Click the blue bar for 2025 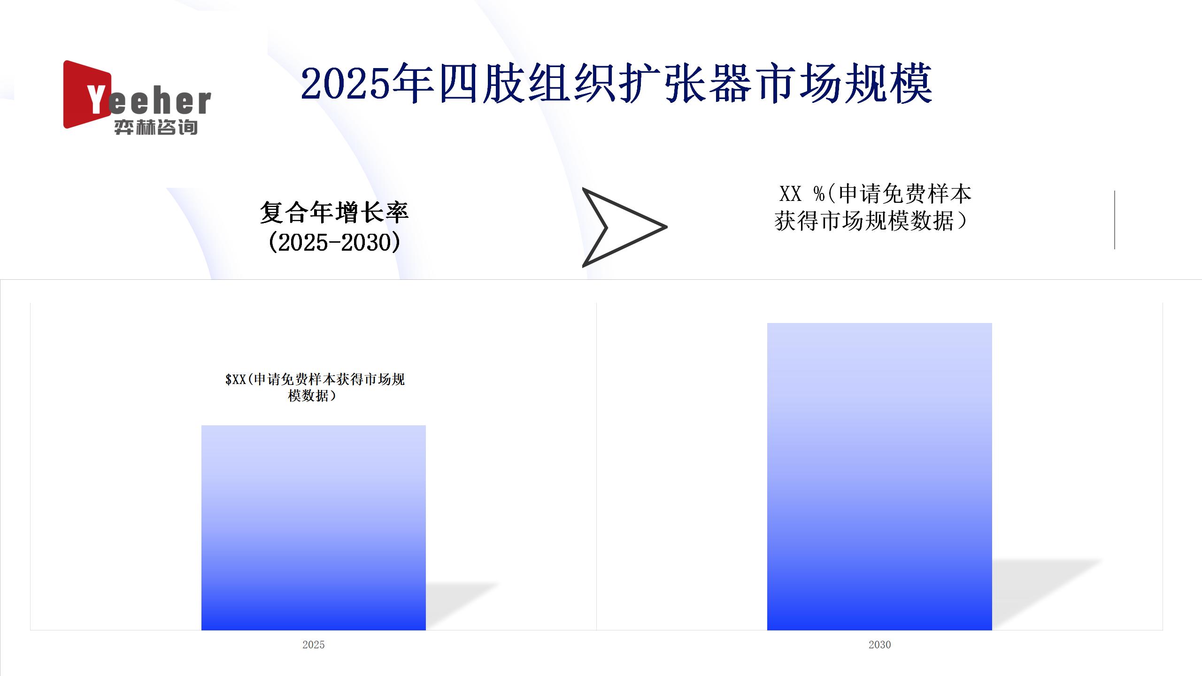tap(314, 528)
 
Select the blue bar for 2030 tap(879, 476)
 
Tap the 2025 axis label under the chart tap(314, 645)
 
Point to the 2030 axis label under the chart tap(879, 645)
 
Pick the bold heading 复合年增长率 tap(334, 213)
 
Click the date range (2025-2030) tap(334, 243)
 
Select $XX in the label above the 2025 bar tap(236, 379)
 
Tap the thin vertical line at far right tap(1114, 220)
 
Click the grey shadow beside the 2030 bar tap(1047, 594)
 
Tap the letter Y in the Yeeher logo tap(96, 100)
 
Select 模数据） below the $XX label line tap(312, 396)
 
